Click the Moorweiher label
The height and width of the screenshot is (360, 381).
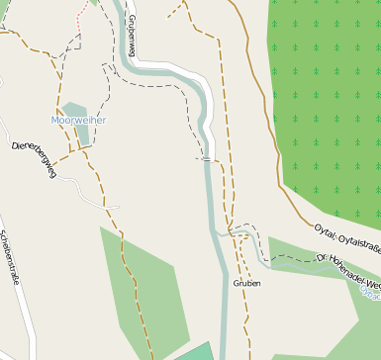tap(78, 121)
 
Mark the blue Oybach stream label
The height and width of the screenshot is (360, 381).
tap(372, 292)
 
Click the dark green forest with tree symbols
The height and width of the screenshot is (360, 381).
tap(327, 99)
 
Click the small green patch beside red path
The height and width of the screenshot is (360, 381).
tap(95, 3)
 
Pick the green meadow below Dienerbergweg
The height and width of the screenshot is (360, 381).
tap(148, 277)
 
